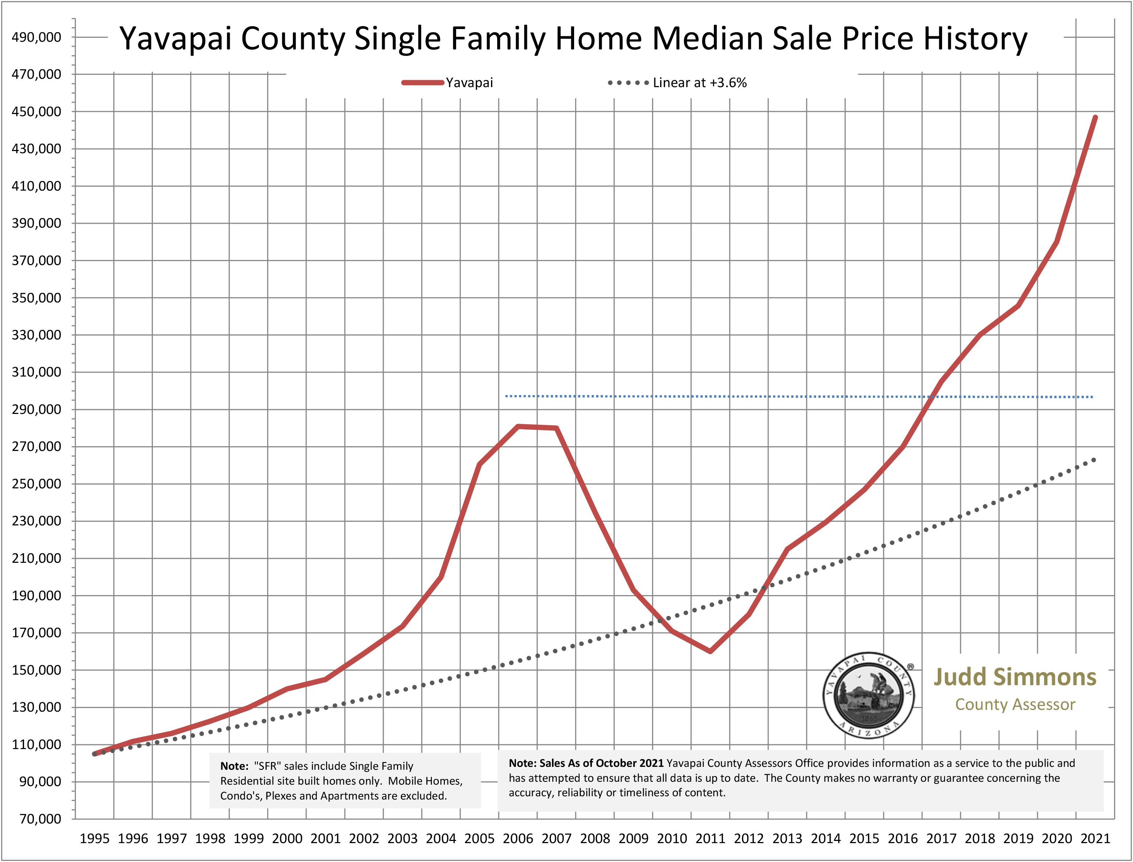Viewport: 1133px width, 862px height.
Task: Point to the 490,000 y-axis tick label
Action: (36, 37)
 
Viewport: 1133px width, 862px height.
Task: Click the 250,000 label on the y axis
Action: (36, 484)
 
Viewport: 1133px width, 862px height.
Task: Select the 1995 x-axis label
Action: (94, 838)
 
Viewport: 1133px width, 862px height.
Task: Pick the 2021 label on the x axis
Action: (1095, 838)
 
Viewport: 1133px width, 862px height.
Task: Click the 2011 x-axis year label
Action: (710, 838)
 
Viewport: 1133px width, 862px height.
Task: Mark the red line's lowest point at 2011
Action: (710, 651)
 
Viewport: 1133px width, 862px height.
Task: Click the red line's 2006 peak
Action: (518, 426)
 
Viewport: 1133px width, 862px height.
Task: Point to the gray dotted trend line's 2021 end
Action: (1095, 460)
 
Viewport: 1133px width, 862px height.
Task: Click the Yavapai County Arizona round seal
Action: (869, 696)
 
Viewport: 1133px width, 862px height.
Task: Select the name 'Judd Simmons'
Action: (1015, 677)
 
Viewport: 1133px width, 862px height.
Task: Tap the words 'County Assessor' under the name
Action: (1015, 704)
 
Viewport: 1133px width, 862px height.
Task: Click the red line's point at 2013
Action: (787, 549)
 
